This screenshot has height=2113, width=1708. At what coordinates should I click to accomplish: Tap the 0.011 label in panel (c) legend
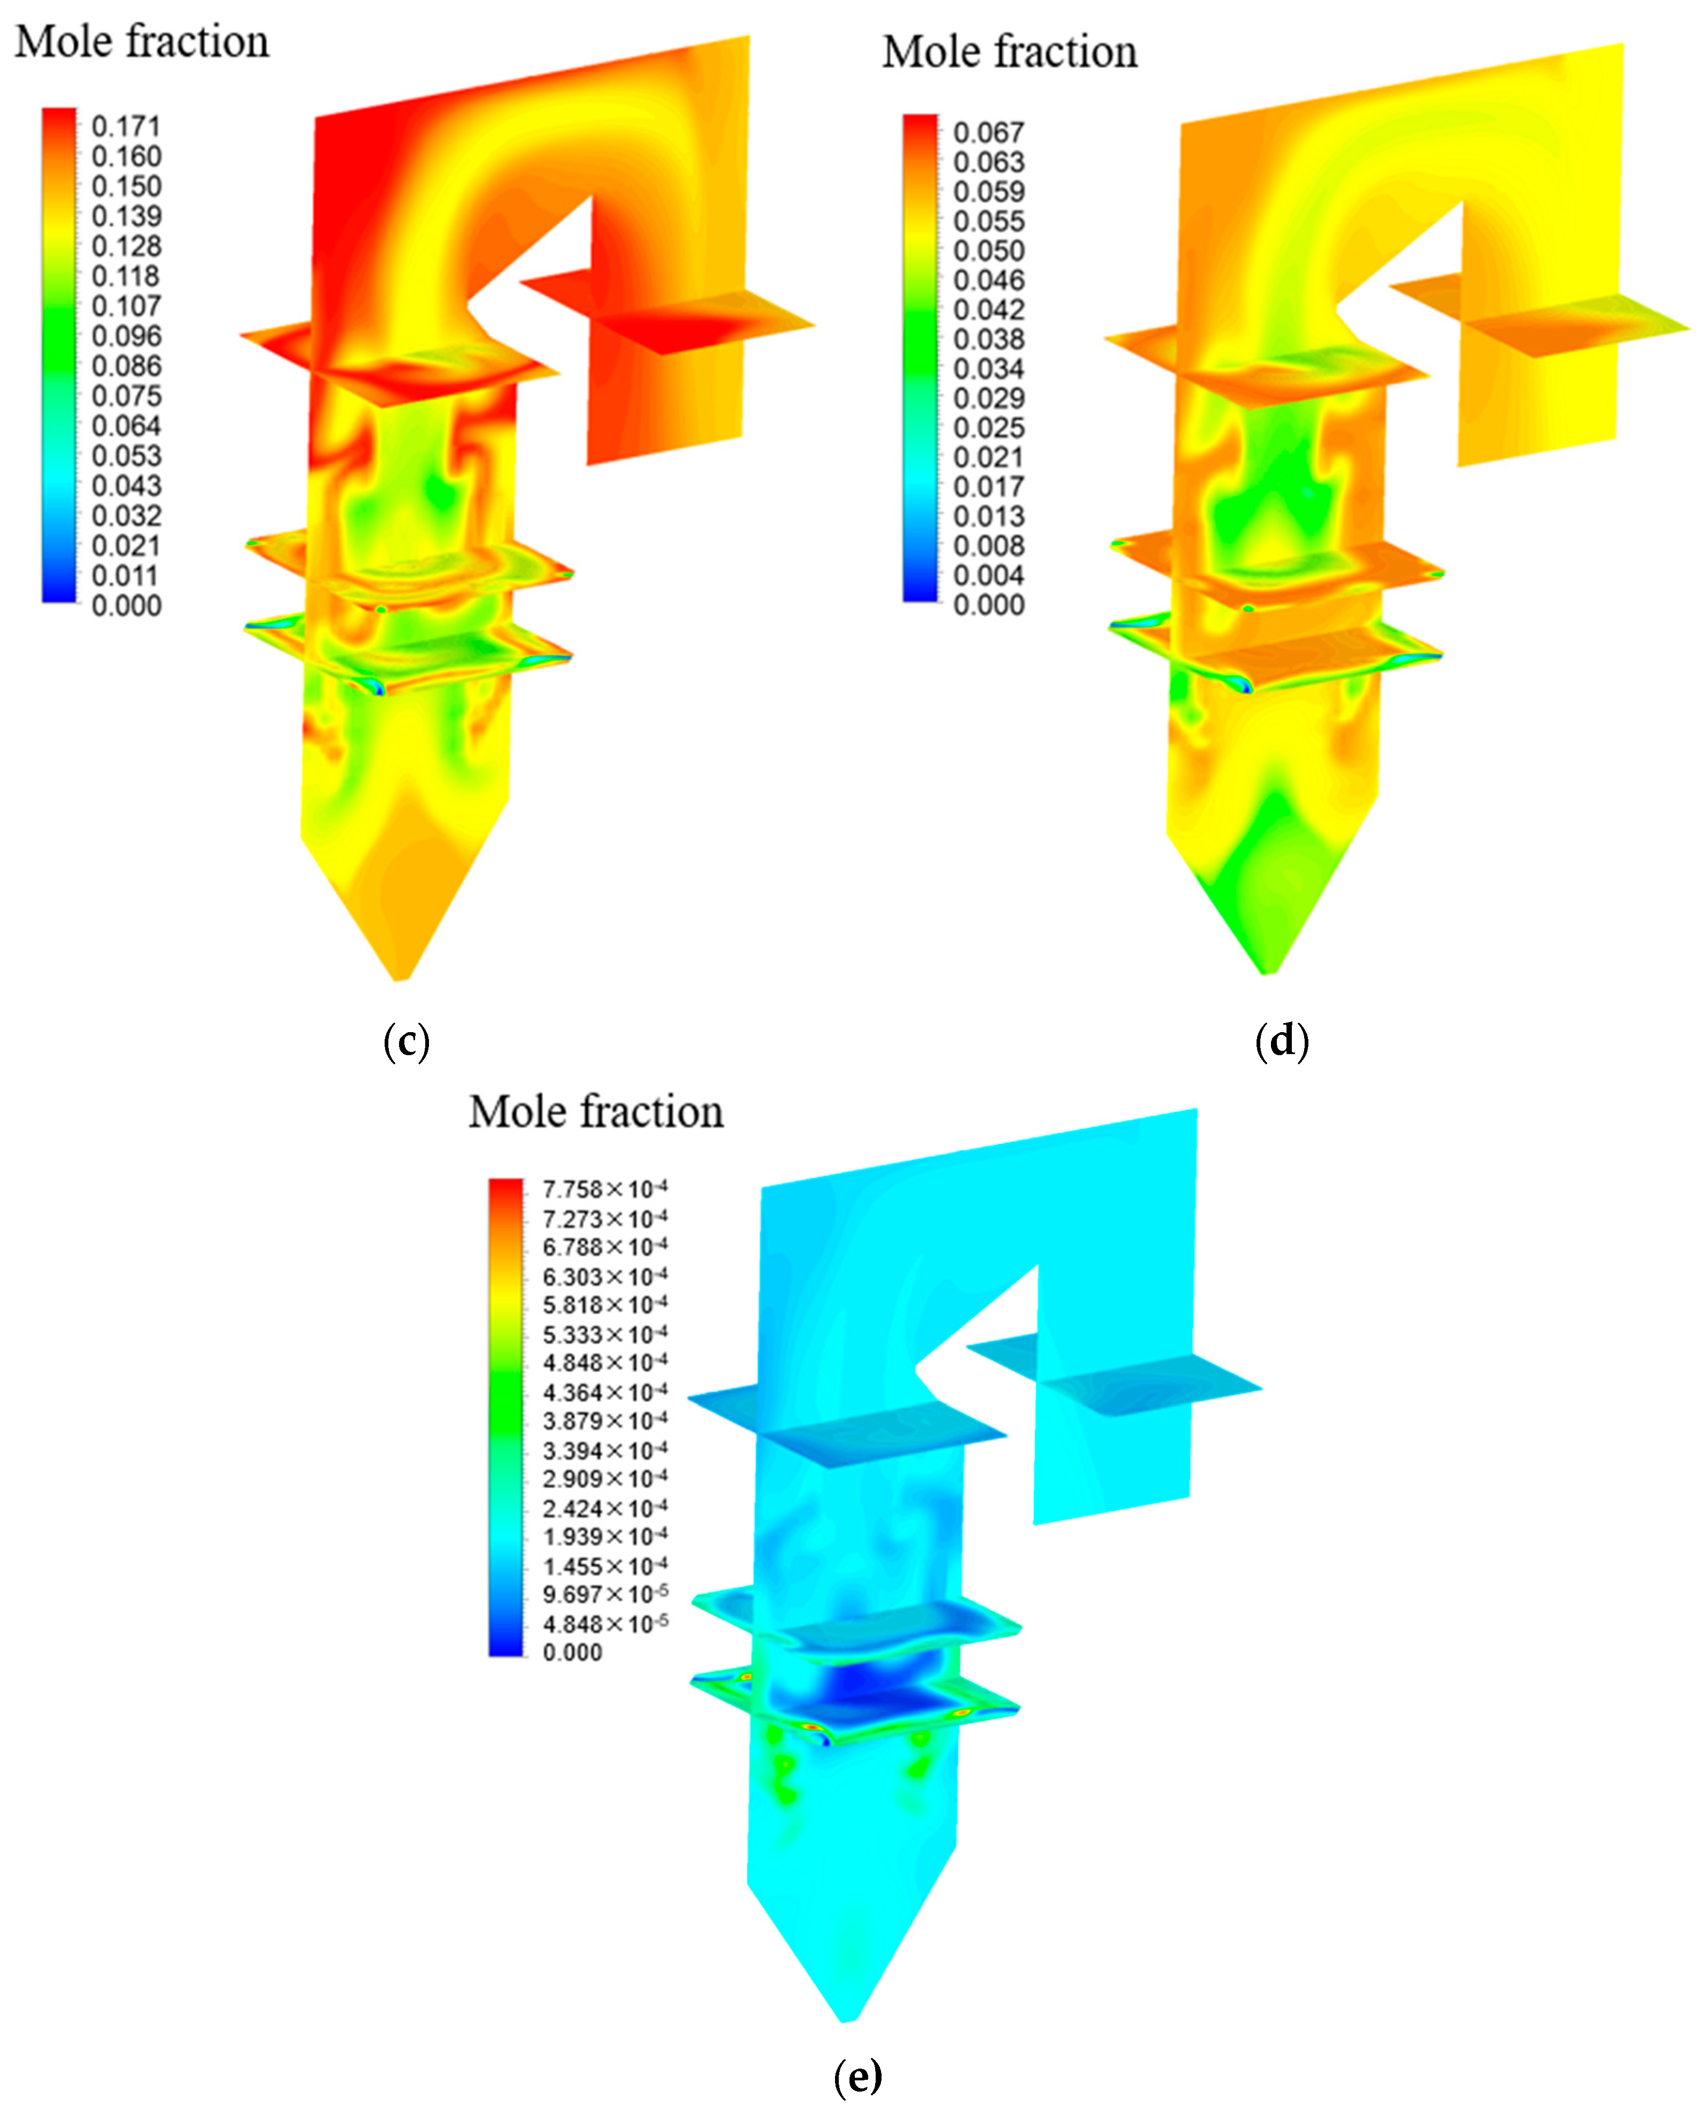[126, 575]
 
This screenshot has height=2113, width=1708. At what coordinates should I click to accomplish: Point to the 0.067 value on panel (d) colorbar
[989, 132]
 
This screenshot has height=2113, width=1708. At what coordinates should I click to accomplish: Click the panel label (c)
[407, 1041]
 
